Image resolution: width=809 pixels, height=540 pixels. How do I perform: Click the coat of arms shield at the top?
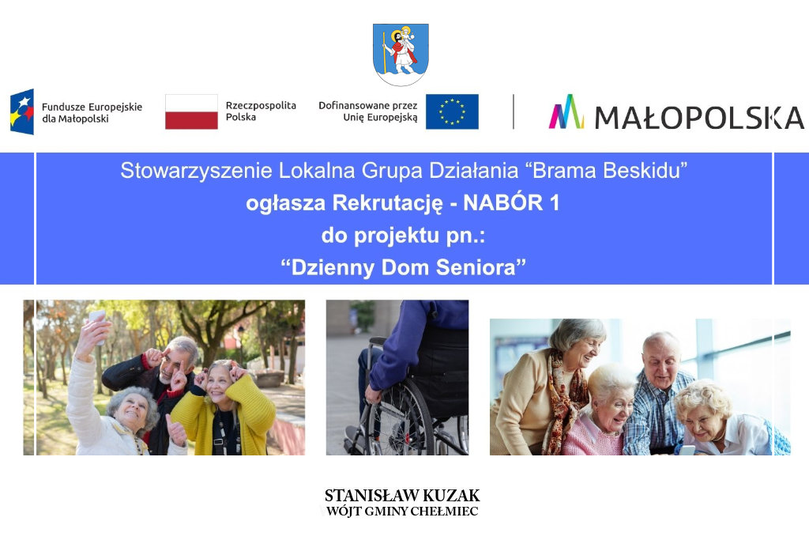click(401, 55)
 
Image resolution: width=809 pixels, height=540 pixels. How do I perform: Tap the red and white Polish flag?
click(191, 111)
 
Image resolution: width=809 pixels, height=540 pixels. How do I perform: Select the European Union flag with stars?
click(452, 111)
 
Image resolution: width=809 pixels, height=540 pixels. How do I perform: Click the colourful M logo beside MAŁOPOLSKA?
click(566, 111)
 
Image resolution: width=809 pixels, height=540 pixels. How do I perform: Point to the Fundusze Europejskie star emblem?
click(21, 111)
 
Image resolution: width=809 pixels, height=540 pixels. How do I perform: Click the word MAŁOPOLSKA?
click(699, 118)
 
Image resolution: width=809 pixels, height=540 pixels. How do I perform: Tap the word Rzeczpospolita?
click(261, 106)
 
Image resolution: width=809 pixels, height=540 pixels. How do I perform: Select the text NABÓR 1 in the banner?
click(511, 203)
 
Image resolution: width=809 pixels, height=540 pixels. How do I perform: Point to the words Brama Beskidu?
click(609, 171)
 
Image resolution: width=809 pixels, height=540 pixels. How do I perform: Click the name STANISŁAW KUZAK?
click(402, 496)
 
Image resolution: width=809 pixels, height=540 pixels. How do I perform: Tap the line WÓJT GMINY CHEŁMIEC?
click(402, 512)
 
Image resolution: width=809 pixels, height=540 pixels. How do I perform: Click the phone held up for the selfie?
click(97, 323)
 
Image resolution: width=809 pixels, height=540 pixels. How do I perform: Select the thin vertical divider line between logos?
click(514, 111)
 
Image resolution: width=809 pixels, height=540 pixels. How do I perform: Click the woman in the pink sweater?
click(604, 413)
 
